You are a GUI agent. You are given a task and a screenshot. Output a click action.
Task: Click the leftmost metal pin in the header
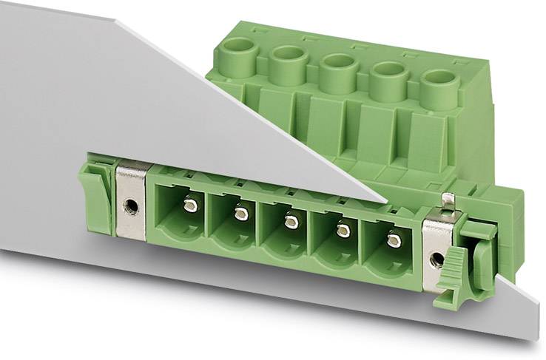point(190,206)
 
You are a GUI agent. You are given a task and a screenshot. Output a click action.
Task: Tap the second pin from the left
point(240,214)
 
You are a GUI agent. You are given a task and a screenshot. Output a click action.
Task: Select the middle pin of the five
point(291,222)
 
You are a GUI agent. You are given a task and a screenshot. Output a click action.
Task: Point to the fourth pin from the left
point(343,231)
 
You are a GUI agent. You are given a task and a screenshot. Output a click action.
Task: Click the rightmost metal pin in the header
point(394,240)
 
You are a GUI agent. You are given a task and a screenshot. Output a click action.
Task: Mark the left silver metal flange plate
point(131,200)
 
